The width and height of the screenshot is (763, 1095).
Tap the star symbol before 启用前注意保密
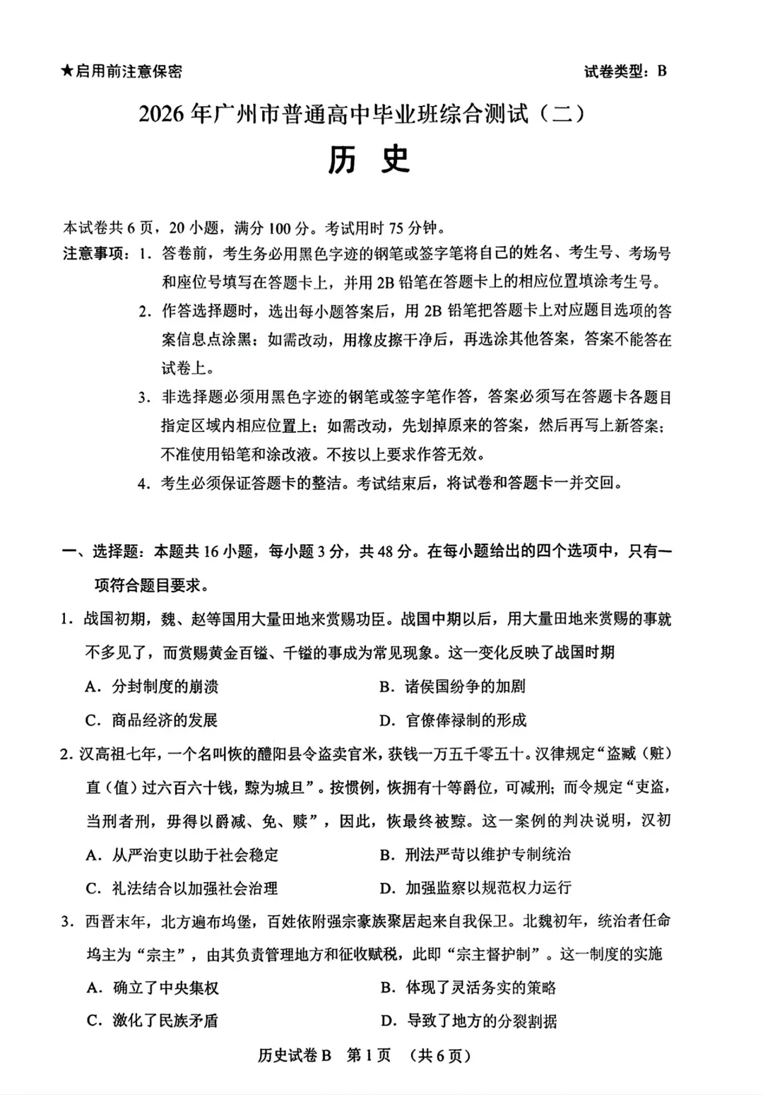67,71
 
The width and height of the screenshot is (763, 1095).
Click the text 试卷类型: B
625,71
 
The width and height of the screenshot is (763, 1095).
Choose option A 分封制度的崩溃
153,686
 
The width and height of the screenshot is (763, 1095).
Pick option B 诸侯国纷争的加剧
452,686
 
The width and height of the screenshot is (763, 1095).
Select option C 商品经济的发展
153,720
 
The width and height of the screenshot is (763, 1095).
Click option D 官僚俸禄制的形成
453,720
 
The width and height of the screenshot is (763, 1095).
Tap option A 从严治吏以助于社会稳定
182,855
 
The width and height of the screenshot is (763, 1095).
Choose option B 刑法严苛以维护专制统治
475,854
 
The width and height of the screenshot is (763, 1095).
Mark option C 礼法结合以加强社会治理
182,888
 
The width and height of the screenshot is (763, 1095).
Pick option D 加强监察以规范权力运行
475,888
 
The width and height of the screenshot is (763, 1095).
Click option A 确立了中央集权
153,988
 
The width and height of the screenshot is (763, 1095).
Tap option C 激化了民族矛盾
153,1021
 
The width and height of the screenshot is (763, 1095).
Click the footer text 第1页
369,1055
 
